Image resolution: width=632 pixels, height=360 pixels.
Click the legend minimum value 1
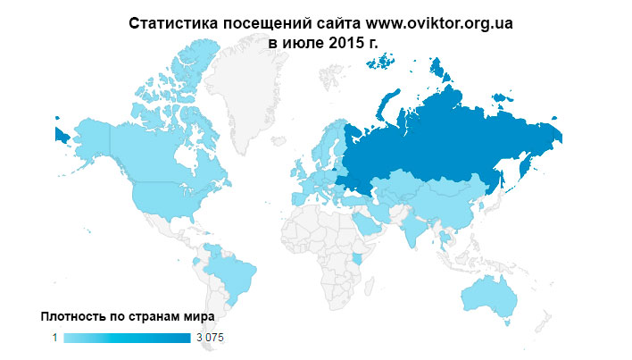[54, 338]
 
